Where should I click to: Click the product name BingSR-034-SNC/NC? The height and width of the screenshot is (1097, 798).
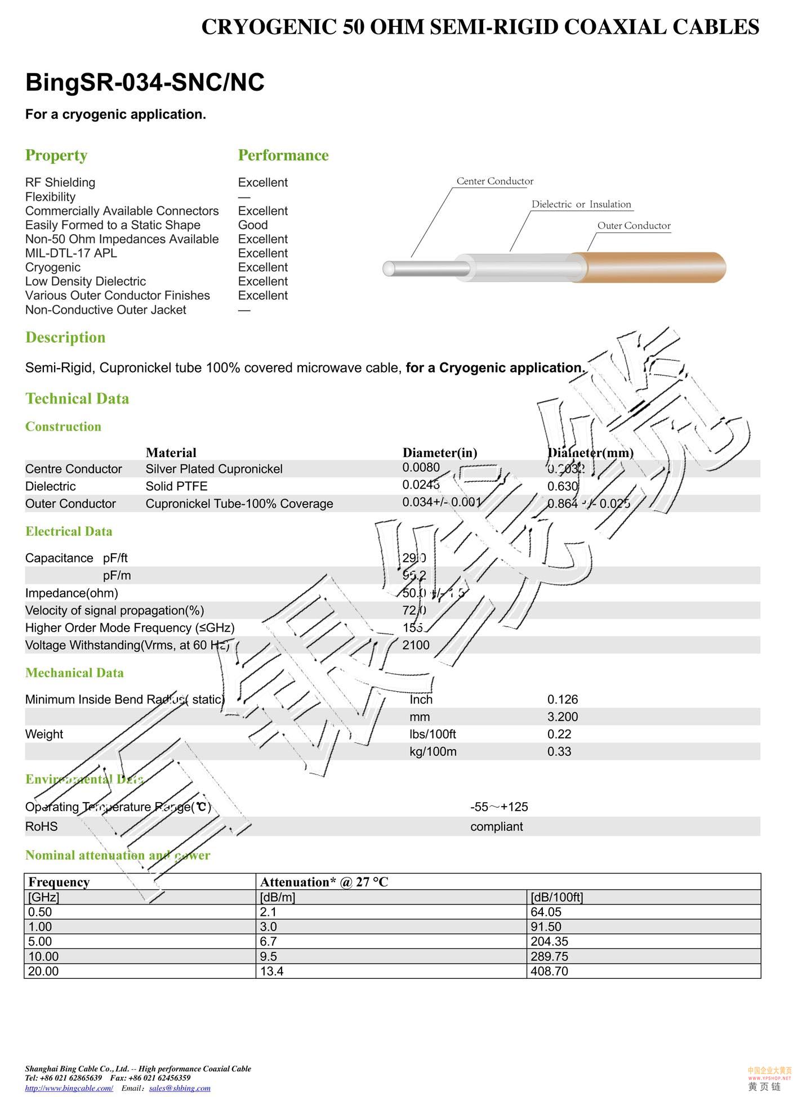(x=145, y=82)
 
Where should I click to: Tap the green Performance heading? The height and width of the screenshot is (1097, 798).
(x=283, y=155)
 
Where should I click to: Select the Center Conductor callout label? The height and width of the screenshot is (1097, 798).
(x=494, y=181)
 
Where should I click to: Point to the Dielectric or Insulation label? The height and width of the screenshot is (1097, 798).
(x=581, y=204)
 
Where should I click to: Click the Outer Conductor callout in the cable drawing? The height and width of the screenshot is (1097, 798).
(x=634, y=226)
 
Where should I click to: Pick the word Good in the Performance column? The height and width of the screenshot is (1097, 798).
(x=253, y=225)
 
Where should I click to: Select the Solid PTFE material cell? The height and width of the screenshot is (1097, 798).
(x=176, y=486)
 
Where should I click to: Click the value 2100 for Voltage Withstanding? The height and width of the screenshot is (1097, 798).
(x=416, y=645)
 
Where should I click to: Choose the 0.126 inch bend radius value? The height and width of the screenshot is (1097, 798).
(x=563, y=700)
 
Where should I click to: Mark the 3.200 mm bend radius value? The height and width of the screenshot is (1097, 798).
(x=563, y=717)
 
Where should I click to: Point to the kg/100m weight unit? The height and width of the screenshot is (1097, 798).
(x=433, y=751)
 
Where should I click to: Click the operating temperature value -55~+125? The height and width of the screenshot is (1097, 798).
(x=499, y=807)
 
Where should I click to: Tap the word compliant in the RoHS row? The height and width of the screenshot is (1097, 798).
(x=496, y=826)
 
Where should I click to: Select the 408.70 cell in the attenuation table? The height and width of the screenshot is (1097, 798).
(x=549, y=971)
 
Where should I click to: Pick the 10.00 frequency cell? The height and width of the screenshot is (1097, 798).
(x=43, y=956)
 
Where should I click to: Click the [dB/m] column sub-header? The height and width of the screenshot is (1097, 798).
(x=277, y=897)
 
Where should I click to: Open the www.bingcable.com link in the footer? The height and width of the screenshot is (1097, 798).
(x=69, y=1088)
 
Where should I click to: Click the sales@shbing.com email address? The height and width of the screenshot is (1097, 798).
(x=180, y=1088)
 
